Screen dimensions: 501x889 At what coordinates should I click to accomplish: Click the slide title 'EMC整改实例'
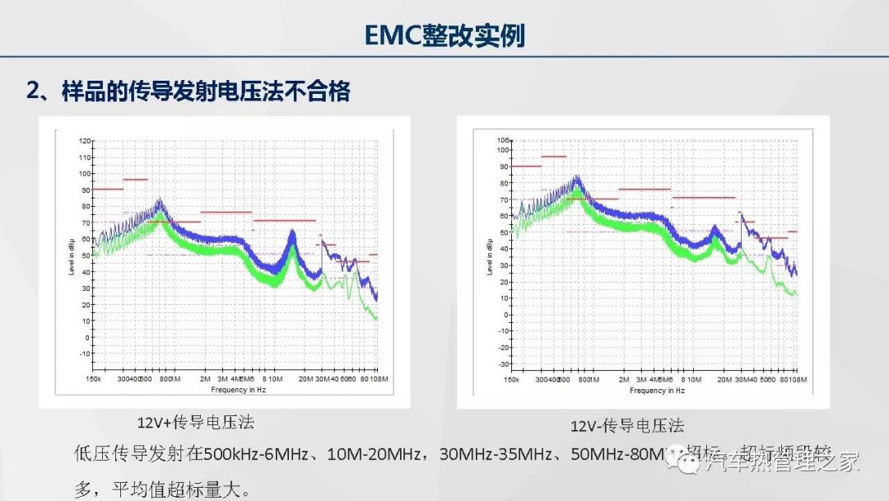pos(444,35)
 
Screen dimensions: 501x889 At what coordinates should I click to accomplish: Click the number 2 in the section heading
pos(33,91)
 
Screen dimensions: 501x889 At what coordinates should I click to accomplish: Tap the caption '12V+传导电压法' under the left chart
pos(195,423)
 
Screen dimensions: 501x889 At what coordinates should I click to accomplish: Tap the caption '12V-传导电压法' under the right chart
pos(627,426)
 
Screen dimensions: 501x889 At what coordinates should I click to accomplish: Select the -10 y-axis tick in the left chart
pos(85,354)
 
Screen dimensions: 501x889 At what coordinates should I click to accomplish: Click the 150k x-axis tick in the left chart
pos(95,379)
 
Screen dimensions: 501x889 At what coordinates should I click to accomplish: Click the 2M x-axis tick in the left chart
pos(205,379)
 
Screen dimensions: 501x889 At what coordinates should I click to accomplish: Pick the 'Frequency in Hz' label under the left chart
pos(239,389)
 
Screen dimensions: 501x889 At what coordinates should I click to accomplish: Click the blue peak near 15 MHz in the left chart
pos(291,234)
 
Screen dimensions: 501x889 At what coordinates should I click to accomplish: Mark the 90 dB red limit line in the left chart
pos(107,190)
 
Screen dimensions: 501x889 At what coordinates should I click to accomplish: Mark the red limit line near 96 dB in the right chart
pos(554,157)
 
